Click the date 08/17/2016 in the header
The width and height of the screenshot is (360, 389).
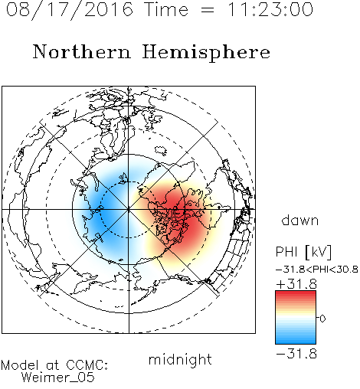(70, 10)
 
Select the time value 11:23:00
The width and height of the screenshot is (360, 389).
(270, 9)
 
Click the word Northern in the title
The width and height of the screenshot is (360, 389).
(82, 52)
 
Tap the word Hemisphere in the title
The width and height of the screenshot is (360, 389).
(206, 52)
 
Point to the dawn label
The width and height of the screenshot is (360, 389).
(300, 220)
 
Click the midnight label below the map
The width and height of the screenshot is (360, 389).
(180, 359)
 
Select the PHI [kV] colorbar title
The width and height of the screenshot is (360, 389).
(303, 252)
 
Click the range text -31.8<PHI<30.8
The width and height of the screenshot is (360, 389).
(317, 270)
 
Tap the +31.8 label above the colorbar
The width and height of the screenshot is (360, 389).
(296, 284)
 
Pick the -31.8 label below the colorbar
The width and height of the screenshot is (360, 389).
(296, 354)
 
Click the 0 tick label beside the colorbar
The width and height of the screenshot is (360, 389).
(322, 319)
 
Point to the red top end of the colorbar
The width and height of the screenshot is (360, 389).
(296, 293)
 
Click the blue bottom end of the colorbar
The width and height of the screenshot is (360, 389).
(296, 342)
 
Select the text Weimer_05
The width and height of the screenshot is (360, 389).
(58, 378)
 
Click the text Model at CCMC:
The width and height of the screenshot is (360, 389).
(54, 365)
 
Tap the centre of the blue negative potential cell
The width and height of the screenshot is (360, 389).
(107, 214)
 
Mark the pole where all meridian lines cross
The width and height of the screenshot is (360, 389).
(129, 209)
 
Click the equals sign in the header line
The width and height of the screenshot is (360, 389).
(208, 10)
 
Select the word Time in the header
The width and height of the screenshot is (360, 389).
(166, 9)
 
